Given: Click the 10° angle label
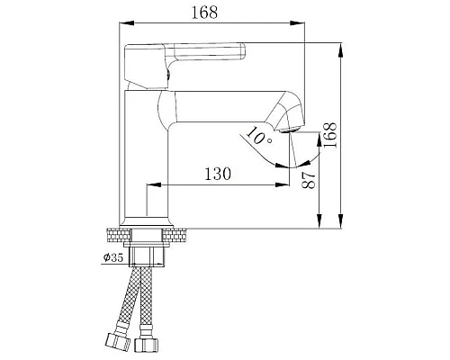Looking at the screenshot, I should click(257, 137).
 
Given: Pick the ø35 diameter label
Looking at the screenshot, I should click(113, 258).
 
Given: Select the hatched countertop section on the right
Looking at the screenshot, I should click(180, 237).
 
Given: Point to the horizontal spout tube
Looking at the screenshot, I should click(225, 108).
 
